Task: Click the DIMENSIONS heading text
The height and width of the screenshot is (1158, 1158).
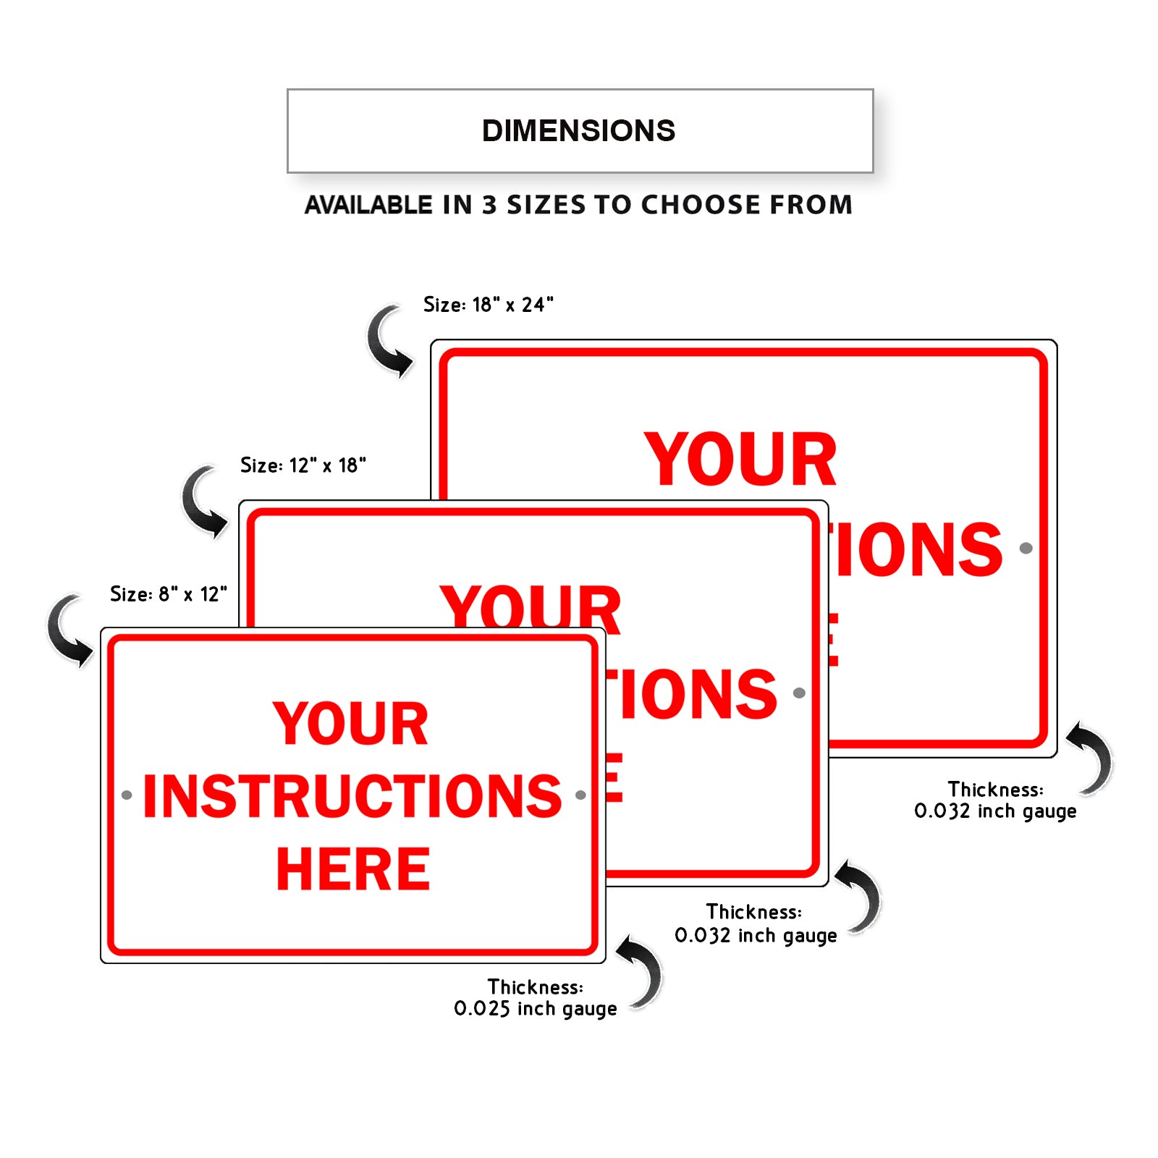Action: [x=578, y=131]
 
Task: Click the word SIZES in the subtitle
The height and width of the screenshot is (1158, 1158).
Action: [x=546, y=205]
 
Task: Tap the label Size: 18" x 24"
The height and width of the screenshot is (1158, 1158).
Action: [x=489, y=305]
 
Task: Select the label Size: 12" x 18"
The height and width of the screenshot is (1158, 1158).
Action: [x=303, y=465]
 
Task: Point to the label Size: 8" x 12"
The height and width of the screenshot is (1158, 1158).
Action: [x=169, y=594]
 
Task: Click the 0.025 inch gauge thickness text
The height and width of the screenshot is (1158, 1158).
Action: [x=536, y=1008]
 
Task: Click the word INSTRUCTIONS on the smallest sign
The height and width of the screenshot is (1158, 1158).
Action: [x=352, y=796]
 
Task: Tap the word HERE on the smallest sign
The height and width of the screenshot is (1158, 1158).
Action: [x=353, y=869]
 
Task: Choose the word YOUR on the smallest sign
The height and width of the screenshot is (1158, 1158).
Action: [x=351, y=723]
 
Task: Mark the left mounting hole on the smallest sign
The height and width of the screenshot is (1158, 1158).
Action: [x=127, y=795]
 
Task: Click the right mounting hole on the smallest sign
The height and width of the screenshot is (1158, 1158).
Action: [x=580, y=795]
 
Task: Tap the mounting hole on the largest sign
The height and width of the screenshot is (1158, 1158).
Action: [x=1026, y=548]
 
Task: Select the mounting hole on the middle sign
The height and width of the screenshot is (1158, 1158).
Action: [x=799, y=693]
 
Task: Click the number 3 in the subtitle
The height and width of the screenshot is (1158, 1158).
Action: [x=490, y=205]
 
